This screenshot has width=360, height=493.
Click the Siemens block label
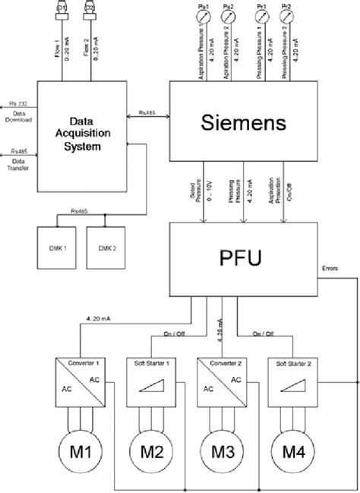[244, 122]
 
